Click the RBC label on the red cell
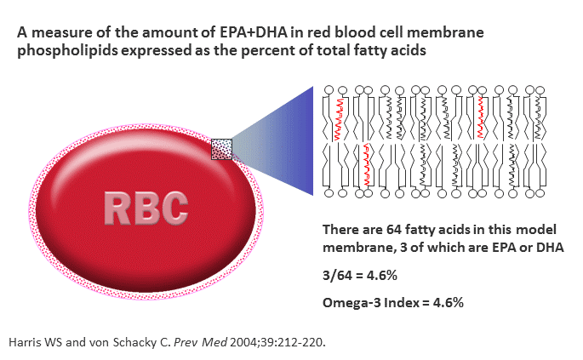pyautogui.click(x=146, y=209)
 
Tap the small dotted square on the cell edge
pyautogui.click(x=221, y=150)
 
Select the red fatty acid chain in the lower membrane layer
pyautogui.click(x=367, y=165)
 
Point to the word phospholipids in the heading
pyautogui.click(x=67, y=50)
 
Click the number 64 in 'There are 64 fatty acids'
pyautogui.click(x=394, y=230)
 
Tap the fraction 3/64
pyautogui.click(x=337, y=276)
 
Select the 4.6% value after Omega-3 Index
pyautogui.click(x=449, y=303)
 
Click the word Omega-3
pyautogui.click(x=352, y=303)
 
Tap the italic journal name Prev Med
pyautogui.click(x=200, y=342)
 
